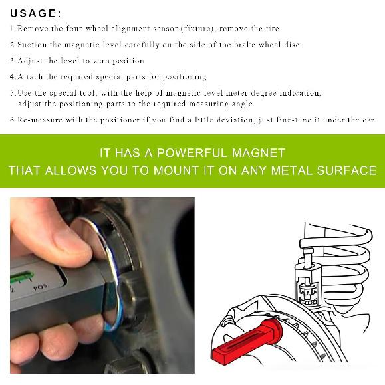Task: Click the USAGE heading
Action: (35, 13)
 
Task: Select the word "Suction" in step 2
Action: (33, 45)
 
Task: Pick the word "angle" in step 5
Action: (239, 104)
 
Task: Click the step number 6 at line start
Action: (13, 120)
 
